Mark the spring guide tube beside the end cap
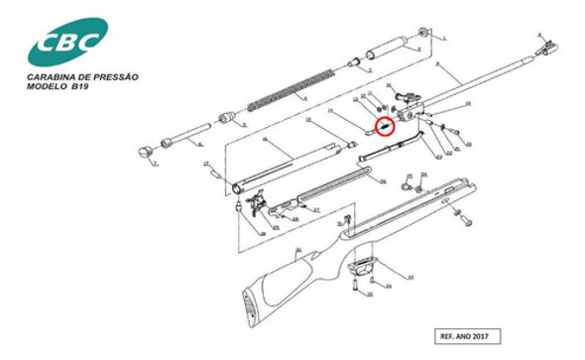[x=188, y=134]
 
